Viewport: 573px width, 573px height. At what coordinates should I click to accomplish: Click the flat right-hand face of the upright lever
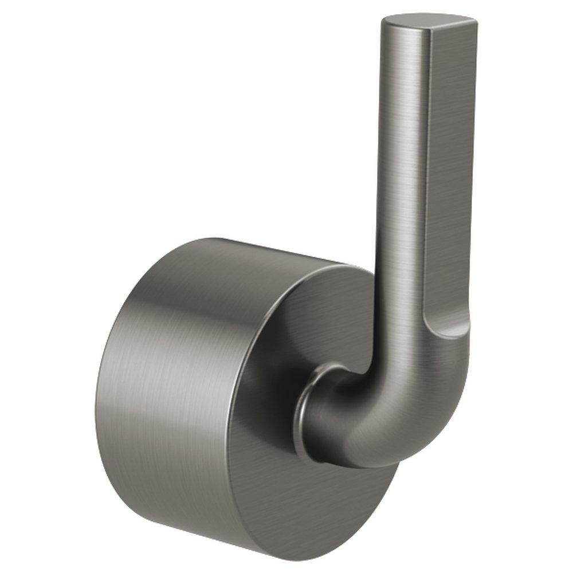[450, 172]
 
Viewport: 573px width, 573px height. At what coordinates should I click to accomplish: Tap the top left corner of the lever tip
[384, 22]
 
